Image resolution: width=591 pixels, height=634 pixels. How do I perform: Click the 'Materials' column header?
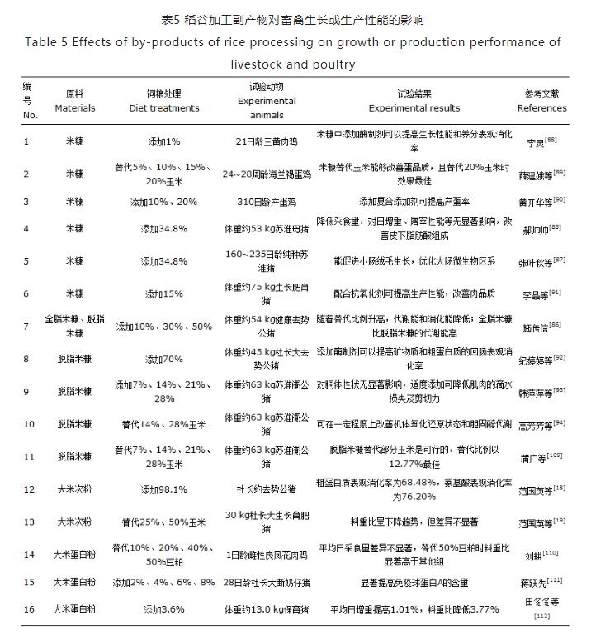coord(74,107)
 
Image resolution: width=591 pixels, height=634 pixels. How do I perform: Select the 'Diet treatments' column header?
coord(164,107)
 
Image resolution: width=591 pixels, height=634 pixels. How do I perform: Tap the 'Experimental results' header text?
coord(414,107)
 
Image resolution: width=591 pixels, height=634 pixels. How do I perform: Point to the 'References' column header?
coord(541,107)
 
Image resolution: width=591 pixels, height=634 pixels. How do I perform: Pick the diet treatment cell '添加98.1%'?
coord(164,490)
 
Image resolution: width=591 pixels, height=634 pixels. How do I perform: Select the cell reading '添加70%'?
coord(164,359)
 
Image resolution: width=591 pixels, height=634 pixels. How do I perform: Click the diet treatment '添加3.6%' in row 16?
coord(164,609)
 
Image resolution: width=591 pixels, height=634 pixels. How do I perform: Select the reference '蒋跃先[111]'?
coord(541,583)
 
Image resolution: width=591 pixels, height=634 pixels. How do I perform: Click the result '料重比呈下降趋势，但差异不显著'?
coord(414,522)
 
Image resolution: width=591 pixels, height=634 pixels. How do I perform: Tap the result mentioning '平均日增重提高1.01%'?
coord(414,609)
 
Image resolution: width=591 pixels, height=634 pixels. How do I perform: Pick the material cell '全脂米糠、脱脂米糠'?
coord(74,327)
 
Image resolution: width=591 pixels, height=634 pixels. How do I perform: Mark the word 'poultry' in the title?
coord(329,64)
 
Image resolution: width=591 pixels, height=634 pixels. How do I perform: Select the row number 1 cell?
coord(26,141)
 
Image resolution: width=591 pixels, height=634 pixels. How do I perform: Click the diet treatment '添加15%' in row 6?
coord(164,293)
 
